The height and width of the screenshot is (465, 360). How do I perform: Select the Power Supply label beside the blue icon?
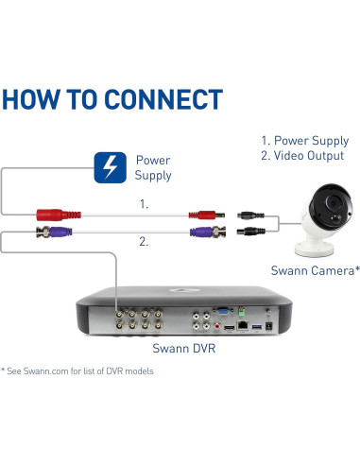[x=154, y=168]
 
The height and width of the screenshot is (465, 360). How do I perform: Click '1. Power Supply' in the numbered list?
[x=303, y=139]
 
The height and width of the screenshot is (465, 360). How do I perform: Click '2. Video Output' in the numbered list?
[x=303, y=155]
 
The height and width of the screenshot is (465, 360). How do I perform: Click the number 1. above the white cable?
[x=144, y=202]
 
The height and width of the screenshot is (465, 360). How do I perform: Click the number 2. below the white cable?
[x=144, y=243]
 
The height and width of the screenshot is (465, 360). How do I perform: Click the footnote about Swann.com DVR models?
[x=77, y=370]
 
